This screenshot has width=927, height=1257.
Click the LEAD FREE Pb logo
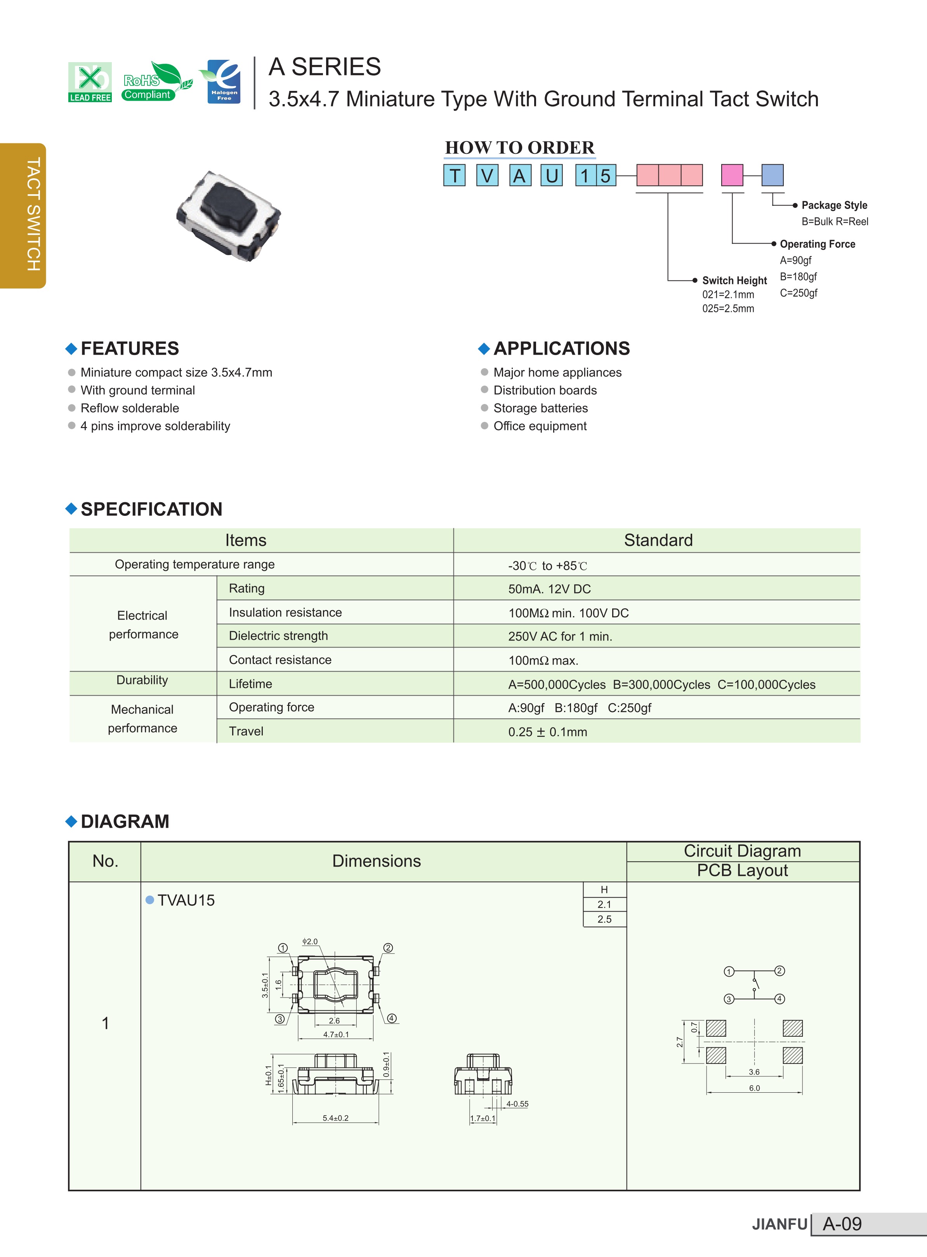90,82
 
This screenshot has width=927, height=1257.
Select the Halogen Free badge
224,82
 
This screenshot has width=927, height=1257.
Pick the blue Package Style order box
772,175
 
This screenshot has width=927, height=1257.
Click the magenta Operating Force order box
732,175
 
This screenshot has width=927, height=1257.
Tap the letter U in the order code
552,176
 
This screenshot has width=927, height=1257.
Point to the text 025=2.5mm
728,308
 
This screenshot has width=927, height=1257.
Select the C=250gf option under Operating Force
798,292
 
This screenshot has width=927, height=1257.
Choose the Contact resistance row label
280,660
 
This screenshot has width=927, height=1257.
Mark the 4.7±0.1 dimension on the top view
335,1034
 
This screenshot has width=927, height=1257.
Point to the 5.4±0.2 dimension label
335,1118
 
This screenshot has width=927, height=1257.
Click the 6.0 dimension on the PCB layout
754,1088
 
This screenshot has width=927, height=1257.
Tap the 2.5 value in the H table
604,919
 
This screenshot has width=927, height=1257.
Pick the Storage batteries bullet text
540,408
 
